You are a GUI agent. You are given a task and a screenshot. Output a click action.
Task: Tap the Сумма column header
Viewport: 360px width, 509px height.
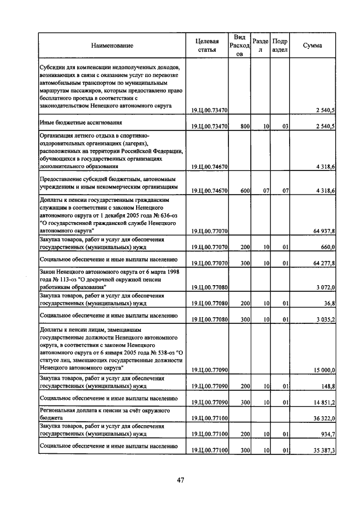click(312, 45)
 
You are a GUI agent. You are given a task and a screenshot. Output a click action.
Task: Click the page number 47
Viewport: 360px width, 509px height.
click(181, 480)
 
